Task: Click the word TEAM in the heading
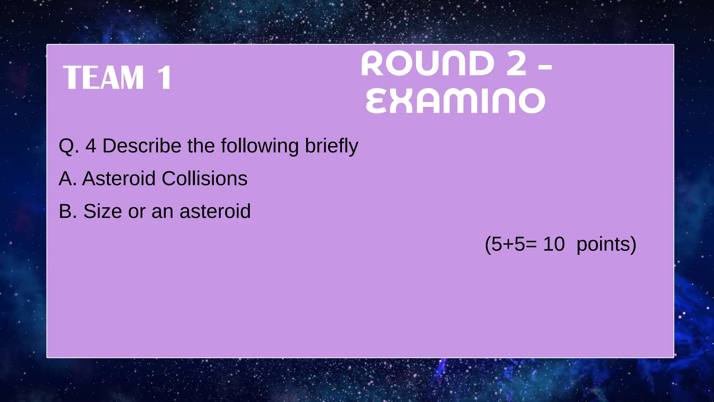(104, 77)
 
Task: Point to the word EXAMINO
(455, 101)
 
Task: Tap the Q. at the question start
(69, 146)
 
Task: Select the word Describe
(142, 146)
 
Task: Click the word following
(260, 146)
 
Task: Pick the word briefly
(331, 146)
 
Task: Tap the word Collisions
(204, 179)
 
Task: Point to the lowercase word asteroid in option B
(215, 211)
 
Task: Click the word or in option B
(137, 211)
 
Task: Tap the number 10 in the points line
(554, 244)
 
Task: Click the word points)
(606, 244)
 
